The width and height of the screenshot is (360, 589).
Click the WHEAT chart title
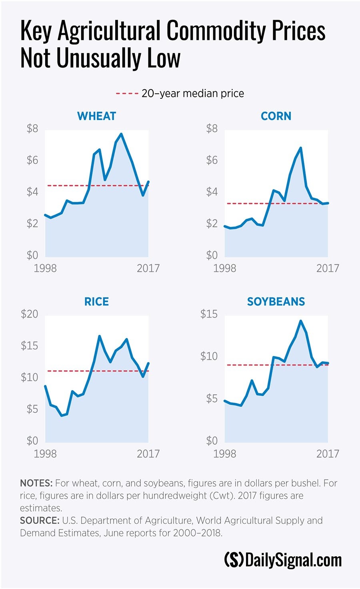click(x=96, y=116)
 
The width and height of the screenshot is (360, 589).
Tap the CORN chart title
click(x=276, y=116)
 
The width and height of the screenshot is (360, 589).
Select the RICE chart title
click(x=96, y=301)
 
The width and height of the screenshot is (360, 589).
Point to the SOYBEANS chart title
click(x=276, y=301)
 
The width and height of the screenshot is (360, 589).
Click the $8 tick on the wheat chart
click(x=32, y=129)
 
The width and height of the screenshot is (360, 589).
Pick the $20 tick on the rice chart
click(x=30, y=314)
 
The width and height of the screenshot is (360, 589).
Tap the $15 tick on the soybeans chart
click(x=209, y=314)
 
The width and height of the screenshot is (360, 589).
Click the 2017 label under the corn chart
click(x=328, y=268)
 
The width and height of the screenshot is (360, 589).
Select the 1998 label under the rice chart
click(x=45, y=453)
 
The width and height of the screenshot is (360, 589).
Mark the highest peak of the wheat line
click(x=121, y=134)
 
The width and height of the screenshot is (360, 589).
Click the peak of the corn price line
click(x=300, y=148)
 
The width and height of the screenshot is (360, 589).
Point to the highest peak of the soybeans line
click(x=300, y=321)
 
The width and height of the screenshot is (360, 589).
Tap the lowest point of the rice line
click(x=62, y=416)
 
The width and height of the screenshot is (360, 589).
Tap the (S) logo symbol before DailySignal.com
click(x=234, y=560)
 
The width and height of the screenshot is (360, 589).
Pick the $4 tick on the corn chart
click(x=212, y=192)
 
